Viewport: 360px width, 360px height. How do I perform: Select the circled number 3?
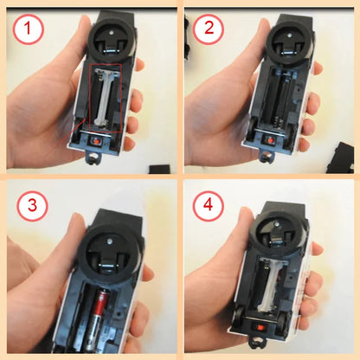(x=32, y=208)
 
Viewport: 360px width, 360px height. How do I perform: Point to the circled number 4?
(x=209, y=207)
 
